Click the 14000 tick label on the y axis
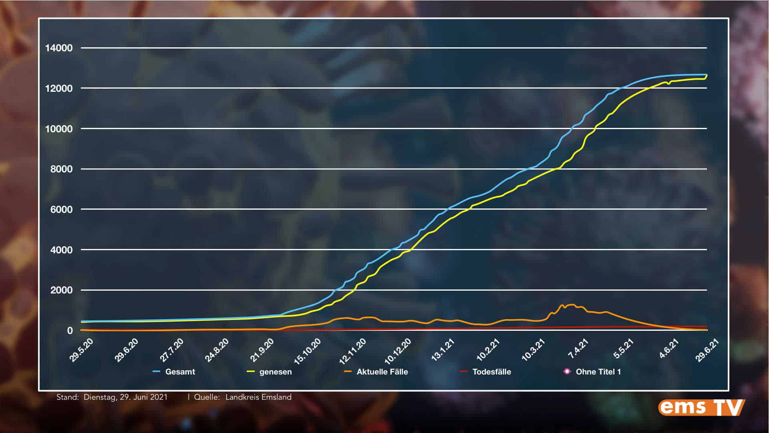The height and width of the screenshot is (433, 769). tap(59, 48)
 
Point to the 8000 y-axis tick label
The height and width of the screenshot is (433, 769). tap(61, 169)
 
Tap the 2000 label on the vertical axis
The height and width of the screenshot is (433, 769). tap(61, 290)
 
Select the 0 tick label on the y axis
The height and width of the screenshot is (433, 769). tap(70, 331)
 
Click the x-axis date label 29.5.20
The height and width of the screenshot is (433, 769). tap(82, 350)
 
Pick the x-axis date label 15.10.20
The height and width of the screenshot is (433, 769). tap(308, 351)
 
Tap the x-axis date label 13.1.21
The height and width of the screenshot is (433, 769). tap(443, 350)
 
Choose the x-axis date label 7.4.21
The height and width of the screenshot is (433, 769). tap(578, 349)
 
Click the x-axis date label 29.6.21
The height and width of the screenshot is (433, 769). tap(708, 350)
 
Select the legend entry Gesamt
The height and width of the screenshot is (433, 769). tap(180, 372)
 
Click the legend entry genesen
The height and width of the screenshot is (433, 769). tap(275, 372)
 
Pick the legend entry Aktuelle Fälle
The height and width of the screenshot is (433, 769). tap(382, 372)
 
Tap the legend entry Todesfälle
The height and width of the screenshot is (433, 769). tap(491, 372)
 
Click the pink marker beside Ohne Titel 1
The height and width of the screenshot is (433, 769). tap(567, 371)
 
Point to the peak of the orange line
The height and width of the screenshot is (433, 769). tap(571, 305)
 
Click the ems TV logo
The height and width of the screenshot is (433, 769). tap(701, 408)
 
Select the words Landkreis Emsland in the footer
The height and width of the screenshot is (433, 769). tap(258, 397)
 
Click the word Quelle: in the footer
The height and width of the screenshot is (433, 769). tap(207, 397)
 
